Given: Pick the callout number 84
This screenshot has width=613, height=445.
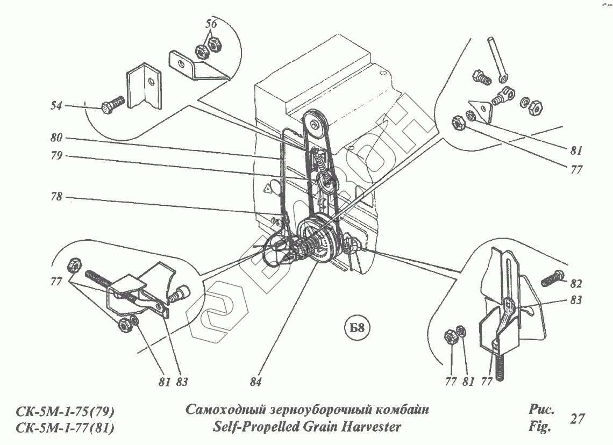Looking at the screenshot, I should point(255,382).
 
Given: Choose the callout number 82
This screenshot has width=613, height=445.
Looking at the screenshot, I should point(576,283).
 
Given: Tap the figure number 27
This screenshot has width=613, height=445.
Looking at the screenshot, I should point(578,419).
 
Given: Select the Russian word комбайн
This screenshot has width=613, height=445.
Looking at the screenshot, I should point(401,410).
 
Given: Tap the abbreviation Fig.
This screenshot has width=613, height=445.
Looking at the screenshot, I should point(540,428).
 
